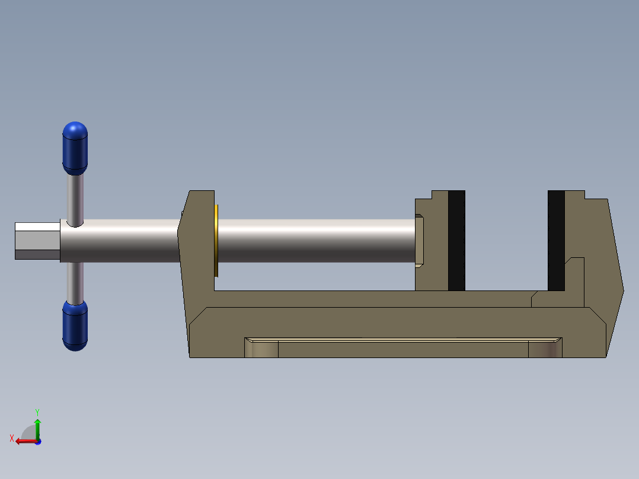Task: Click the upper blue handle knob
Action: [75, 148]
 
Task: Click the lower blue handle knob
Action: [75, 325]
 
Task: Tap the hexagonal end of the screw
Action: [37, 241]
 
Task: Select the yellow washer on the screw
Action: [216, 241]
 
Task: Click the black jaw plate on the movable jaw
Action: [456, 241]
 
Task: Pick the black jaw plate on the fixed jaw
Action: [556, 241]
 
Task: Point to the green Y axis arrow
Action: [37, 429]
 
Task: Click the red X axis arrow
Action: [27, 441]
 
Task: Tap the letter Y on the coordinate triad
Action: [37, 412]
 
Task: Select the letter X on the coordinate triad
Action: [12, 438]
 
